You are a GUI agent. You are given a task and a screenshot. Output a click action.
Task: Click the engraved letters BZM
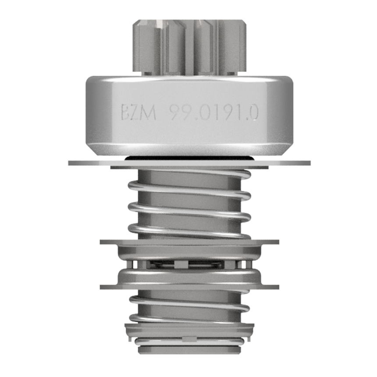(139, 112)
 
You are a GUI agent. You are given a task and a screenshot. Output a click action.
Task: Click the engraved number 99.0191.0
(214, 113)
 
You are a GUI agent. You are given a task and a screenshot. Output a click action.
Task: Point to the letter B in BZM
(125, 113)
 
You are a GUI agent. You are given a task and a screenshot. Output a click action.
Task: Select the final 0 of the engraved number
(254, 113)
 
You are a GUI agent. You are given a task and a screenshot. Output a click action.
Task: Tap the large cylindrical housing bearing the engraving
(189, 116)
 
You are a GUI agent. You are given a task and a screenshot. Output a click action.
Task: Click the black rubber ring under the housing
(189, 158)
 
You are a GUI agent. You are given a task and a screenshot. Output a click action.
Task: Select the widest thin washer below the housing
(189, 163)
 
